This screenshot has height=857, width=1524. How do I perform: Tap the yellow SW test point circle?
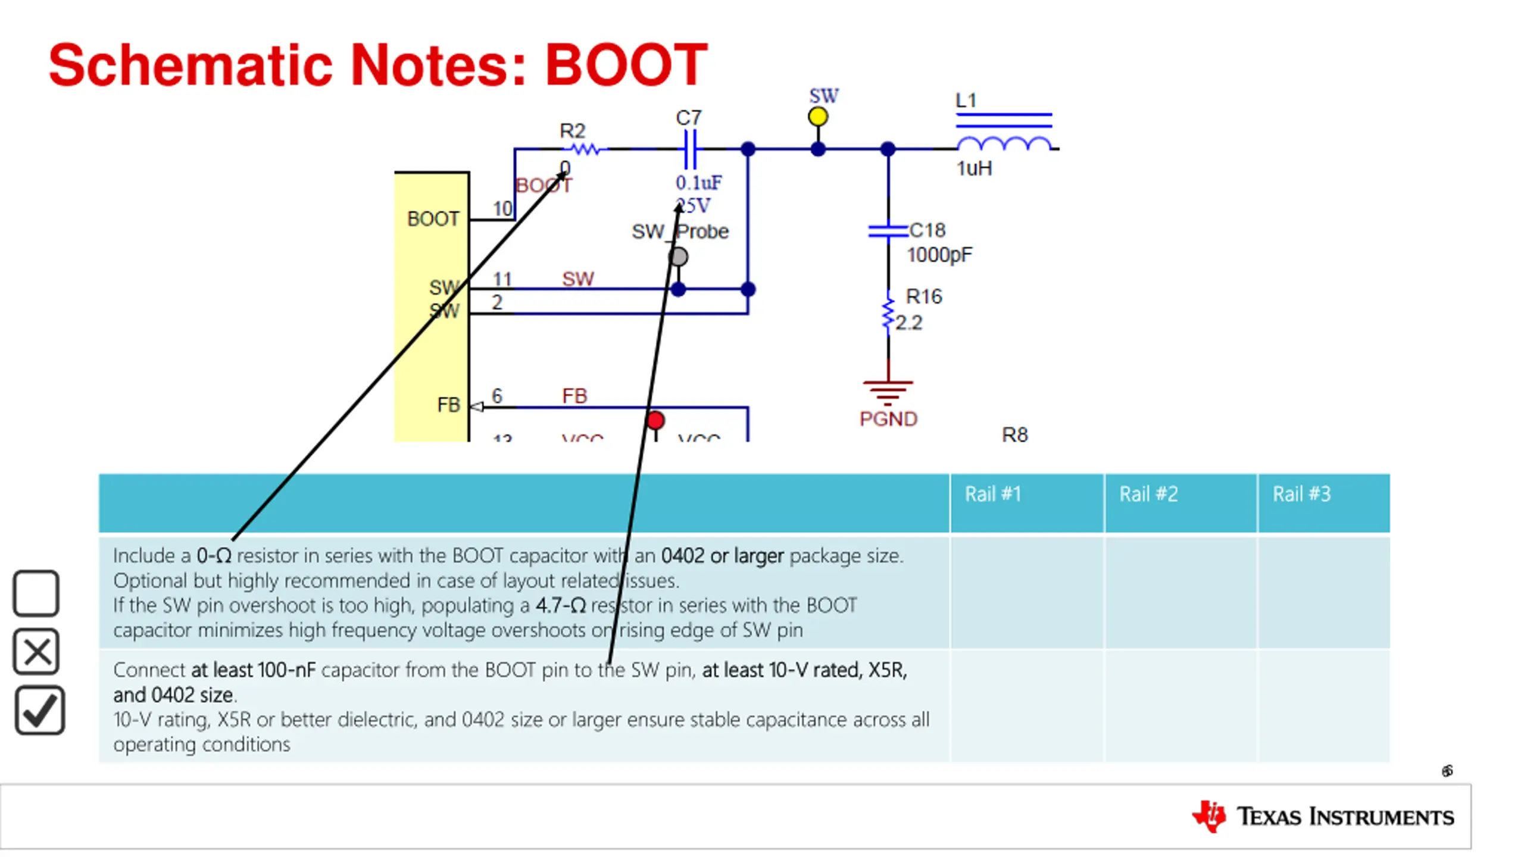click(818, 117)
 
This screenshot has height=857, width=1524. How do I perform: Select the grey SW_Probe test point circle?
click(678, 257)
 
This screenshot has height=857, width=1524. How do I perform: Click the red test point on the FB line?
click(655, 421)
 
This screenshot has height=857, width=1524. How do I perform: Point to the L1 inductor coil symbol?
click(1004, 143)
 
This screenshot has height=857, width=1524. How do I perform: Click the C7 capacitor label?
click(689, 118)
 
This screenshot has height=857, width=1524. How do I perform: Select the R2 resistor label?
click(573, 131)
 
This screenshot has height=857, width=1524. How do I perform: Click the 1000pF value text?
click(939, 255)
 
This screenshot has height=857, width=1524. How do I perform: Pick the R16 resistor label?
click(924, 296)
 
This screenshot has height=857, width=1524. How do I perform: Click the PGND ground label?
click(888, 419)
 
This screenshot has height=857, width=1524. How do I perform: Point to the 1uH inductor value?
click(974, 169)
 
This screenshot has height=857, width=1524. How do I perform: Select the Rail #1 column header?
click(992, 494)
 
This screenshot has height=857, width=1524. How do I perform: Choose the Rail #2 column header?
click(1148, 494)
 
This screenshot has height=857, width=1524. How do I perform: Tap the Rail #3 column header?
click(1301, 494)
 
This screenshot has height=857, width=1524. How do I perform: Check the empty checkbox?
click(36, 593)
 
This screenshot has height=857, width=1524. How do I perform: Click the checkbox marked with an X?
click(36, 652)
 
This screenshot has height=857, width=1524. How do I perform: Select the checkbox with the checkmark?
click(39, 711)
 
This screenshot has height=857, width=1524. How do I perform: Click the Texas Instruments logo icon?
click(1208, 816)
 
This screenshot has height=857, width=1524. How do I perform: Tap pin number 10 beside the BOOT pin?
click(502, 209)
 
